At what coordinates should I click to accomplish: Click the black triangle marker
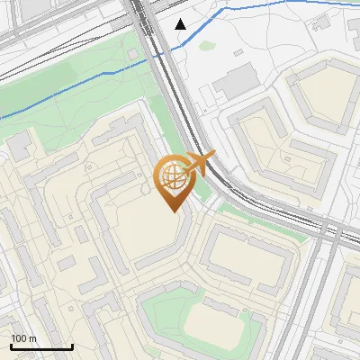pyautogui.click(x=181, y=24)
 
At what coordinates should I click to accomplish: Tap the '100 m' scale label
pyautogui.click(x=24, y=338)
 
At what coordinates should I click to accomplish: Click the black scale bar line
pyautogui.click(x=41, y=346)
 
